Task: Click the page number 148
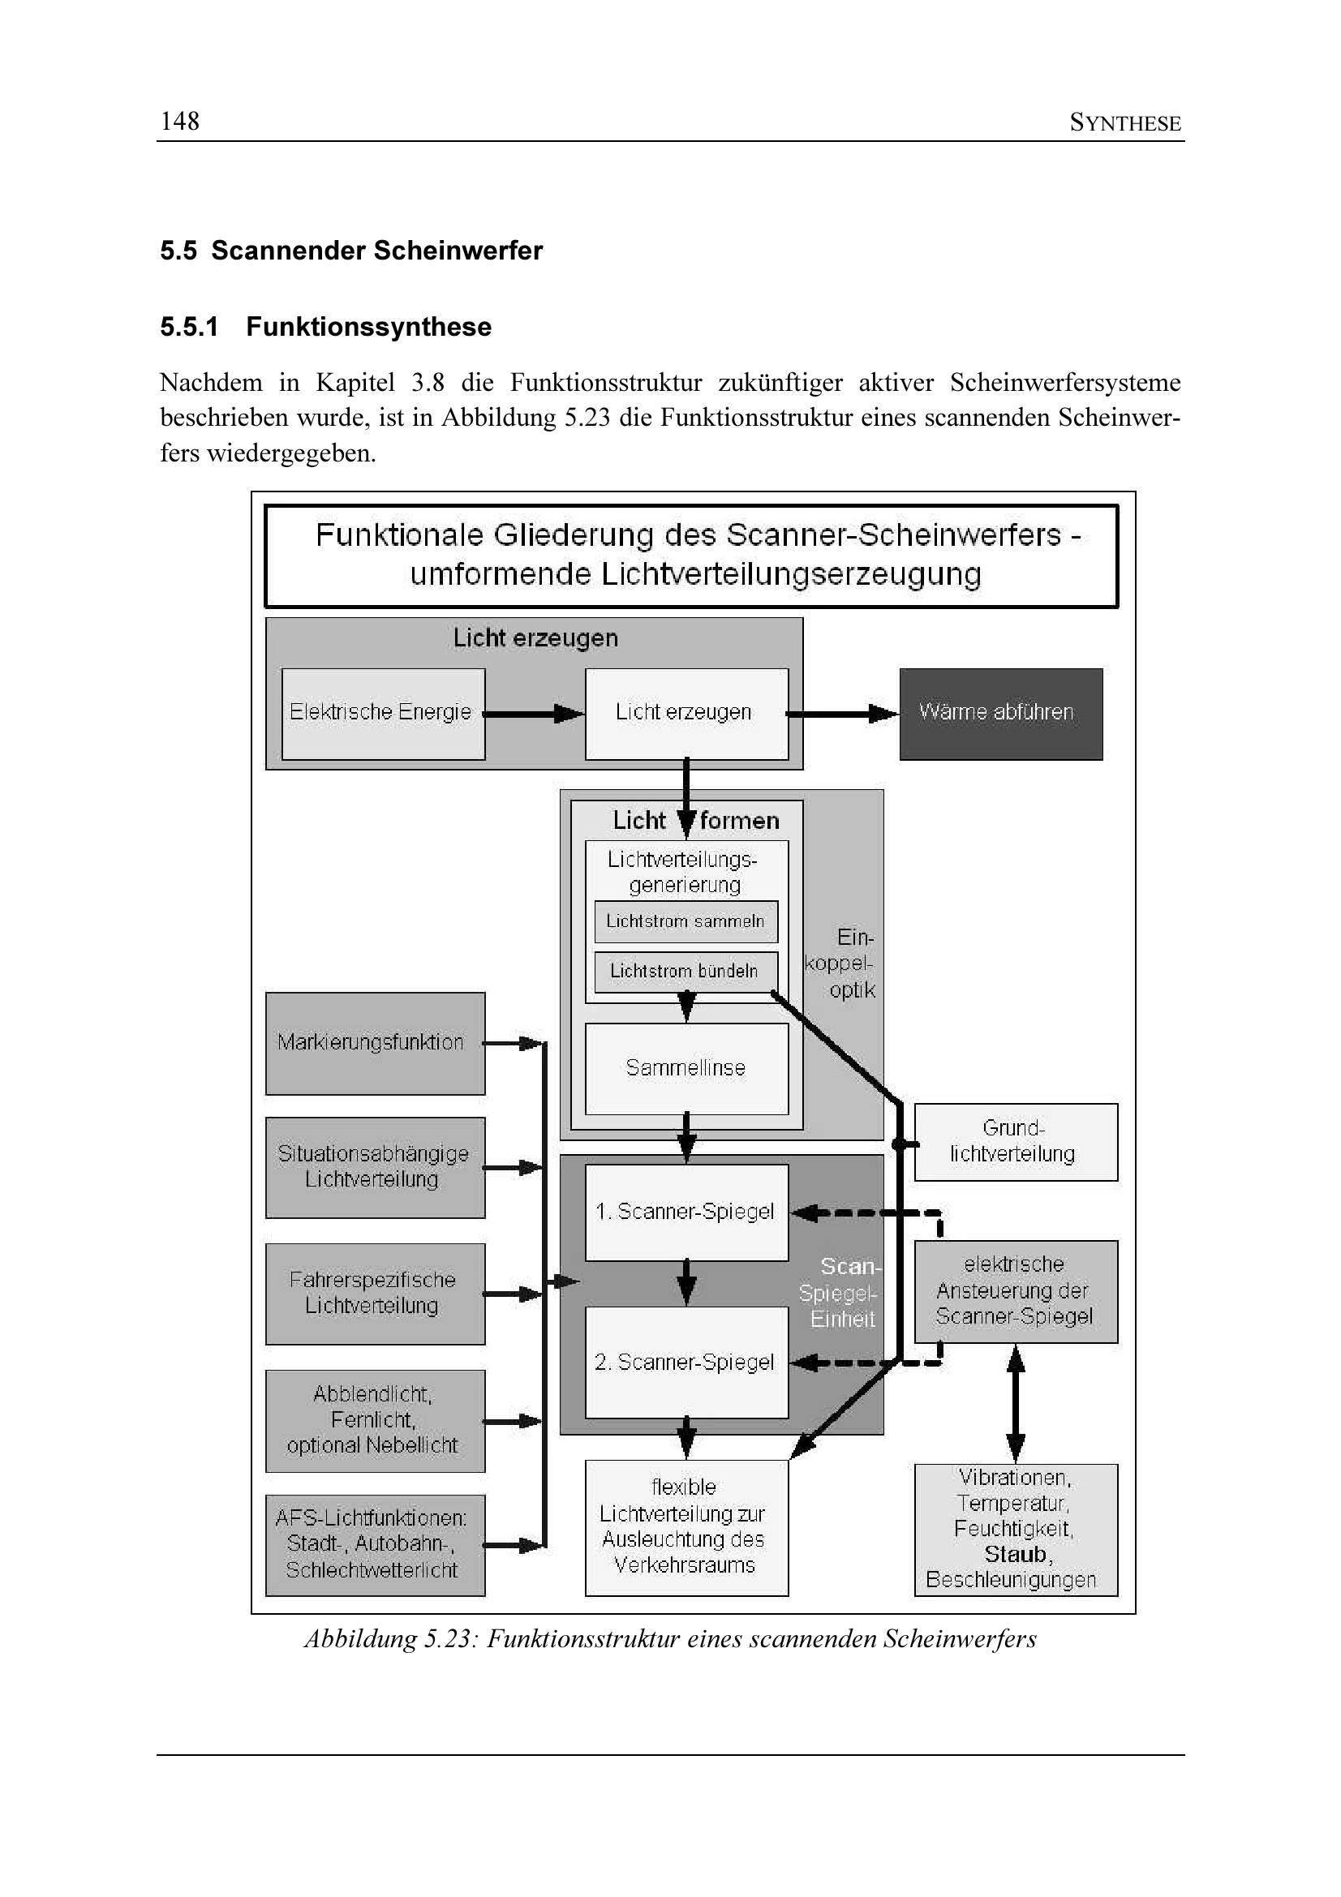tap(179, 122)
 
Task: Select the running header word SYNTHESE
tap(1124, 123)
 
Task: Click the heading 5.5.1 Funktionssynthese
tap(325, 327)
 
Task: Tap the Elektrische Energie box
tap(383, 713)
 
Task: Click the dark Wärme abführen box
tap(999, 713)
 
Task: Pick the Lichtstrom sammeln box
tap(686, 921)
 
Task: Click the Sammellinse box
tap(686, 1068)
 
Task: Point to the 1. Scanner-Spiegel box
tap(686, 1212)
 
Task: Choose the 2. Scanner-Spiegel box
tap(686, 1363)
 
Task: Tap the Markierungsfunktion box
tap(374, 1043)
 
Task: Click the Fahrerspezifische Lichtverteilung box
tap(374, 1293)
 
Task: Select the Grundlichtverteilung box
tap(1015, 1142)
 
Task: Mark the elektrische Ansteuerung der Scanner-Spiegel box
tap(1015, 1290)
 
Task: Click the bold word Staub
tap(1016, 1555)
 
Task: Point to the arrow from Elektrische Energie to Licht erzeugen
tap(534, 713)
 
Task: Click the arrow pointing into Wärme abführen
tap(843, 713)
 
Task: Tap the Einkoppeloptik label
tap(841, 964)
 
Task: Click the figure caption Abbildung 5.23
tap(670, 1639)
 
